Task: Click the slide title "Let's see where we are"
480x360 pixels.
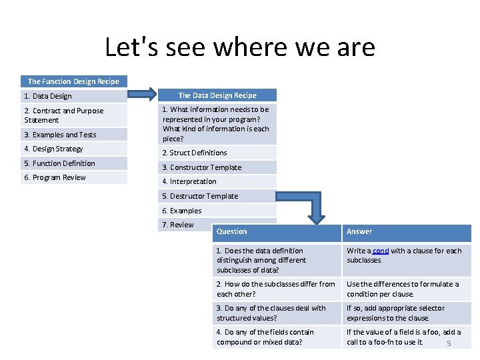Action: coord(240,48)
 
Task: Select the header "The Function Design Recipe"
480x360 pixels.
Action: coord(73,81)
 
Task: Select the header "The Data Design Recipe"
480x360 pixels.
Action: coord(217,95)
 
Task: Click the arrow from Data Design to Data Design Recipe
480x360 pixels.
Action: coord(141,95)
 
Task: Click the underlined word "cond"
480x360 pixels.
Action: coord(381,251)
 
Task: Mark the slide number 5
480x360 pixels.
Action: coord(449,343)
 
